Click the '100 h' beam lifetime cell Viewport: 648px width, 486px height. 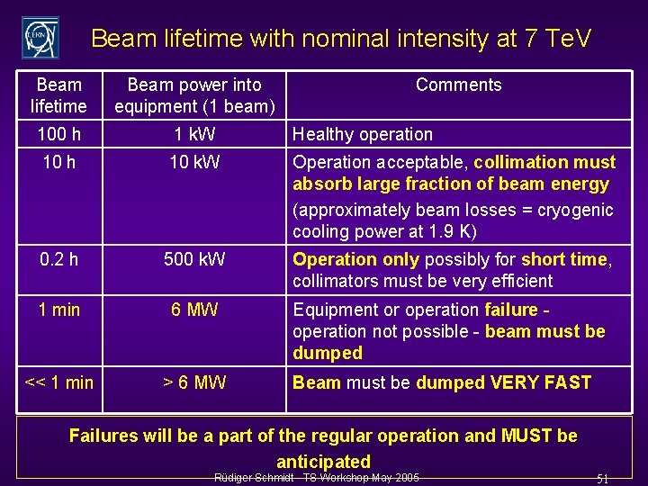(58, 134)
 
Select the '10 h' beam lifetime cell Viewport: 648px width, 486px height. (58, 163)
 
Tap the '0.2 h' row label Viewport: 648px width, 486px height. (58, 259)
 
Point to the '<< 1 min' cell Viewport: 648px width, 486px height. (58, 382)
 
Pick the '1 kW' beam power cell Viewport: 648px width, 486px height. (194, 134)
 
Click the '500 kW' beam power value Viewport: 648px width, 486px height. (194, 259)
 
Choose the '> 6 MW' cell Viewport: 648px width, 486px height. (194, 382)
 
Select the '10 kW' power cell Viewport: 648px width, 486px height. (194, 163)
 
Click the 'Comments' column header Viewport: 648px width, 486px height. (458, 85)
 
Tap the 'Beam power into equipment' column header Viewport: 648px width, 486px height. (194, 95)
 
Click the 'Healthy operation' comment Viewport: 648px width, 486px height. (363, 134)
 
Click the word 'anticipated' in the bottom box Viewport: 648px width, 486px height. (323, 462)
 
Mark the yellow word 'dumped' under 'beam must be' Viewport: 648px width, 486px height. (328, 354)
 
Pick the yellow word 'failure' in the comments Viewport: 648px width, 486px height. (510, 310)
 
